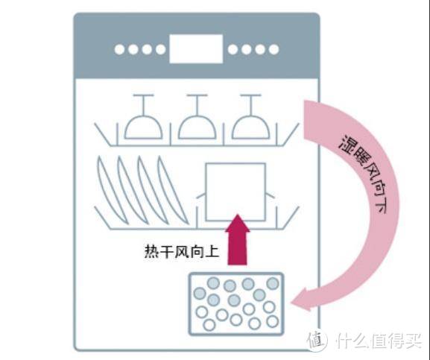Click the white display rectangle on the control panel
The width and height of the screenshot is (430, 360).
195,49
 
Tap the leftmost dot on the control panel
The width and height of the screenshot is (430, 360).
119,50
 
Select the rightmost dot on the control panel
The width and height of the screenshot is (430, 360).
274,50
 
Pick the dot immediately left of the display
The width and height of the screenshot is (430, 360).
159,50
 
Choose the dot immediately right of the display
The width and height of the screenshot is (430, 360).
233,50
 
